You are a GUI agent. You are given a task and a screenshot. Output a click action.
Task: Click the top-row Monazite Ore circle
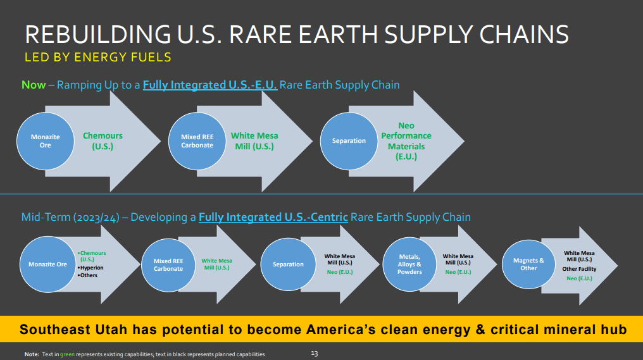click(45, 141)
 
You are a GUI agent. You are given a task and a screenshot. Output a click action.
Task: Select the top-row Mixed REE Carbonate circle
click(197, 141)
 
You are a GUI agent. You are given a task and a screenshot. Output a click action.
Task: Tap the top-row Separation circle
click(349, 141)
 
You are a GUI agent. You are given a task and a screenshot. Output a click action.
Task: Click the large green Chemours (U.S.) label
click(103, 141)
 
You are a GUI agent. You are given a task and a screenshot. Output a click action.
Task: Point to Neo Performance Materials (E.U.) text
click(406, 141)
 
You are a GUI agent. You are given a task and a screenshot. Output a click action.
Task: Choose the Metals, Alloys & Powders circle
click(409, 264)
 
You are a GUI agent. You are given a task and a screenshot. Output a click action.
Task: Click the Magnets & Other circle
click(528, 264)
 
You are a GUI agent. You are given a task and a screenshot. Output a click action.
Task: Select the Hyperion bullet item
click(91, 268)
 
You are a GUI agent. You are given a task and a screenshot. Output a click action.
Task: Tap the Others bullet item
click(87, 275)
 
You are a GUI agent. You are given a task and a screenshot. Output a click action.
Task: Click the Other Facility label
click(579, 269)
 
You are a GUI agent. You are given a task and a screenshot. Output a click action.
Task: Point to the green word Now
click(34, 85)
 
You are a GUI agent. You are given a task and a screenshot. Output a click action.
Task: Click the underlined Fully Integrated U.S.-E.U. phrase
click(210, 85)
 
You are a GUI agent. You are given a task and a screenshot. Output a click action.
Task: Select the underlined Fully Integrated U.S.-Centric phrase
click(273, 217)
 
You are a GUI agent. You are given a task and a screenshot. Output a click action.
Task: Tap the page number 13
click(315, 354)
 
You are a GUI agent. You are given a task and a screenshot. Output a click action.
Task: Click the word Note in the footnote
click(32, 354)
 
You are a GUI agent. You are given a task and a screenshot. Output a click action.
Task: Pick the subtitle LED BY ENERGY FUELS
click(97, 57)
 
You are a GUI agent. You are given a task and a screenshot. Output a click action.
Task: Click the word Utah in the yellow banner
click(111, 330)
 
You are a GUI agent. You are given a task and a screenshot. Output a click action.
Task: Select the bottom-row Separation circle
click(289, 264)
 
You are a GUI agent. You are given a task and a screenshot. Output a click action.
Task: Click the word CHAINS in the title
click(524, 34)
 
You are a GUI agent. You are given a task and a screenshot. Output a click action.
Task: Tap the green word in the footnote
click(67, 354)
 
